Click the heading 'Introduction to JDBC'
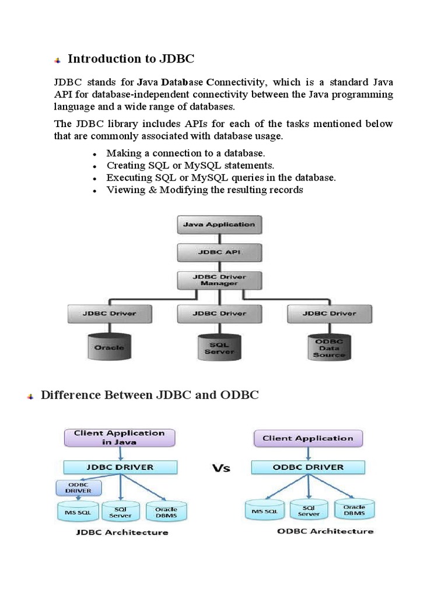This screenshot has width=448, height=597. click(x=131, y=58)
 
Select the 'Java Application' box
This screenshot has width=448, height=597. click(x=219, y=224)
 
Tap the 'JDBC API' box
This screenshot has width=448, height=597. click(x=219, y=252)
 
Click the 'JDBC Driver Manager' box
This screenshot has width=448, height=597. click(x=219, y=280)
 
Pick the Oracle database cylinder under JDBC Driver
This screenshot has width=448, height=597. click(x=110, y=346)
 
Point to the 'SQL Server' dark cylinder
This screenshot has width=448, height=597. click(x=219, y=347)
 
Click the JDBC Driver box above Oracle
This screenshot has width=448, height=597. click(x=110, y=314)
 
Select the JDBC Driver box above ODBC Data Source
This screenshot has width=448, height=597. click(x=329, y=314)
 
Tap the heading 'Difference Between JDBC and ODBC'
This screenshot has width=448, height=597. click(x=149, y=395)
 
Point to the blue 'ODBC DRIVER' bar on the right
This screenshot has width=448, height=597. click(x=307, y=467)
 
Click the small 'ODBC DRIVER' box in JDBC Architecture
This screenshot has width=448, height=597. click(x=78, y=487)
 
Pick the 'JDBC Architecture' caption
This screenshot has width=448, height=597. click(x=122, y=532)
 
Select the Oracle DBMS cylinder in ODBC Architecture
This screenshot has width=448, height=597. click(x=355, y=510)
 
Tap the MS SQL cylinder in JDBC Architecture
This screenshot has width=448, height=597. click(x=74, y=511)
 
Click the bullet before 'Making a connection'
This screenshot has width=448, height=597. click(x=94, y=154)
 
